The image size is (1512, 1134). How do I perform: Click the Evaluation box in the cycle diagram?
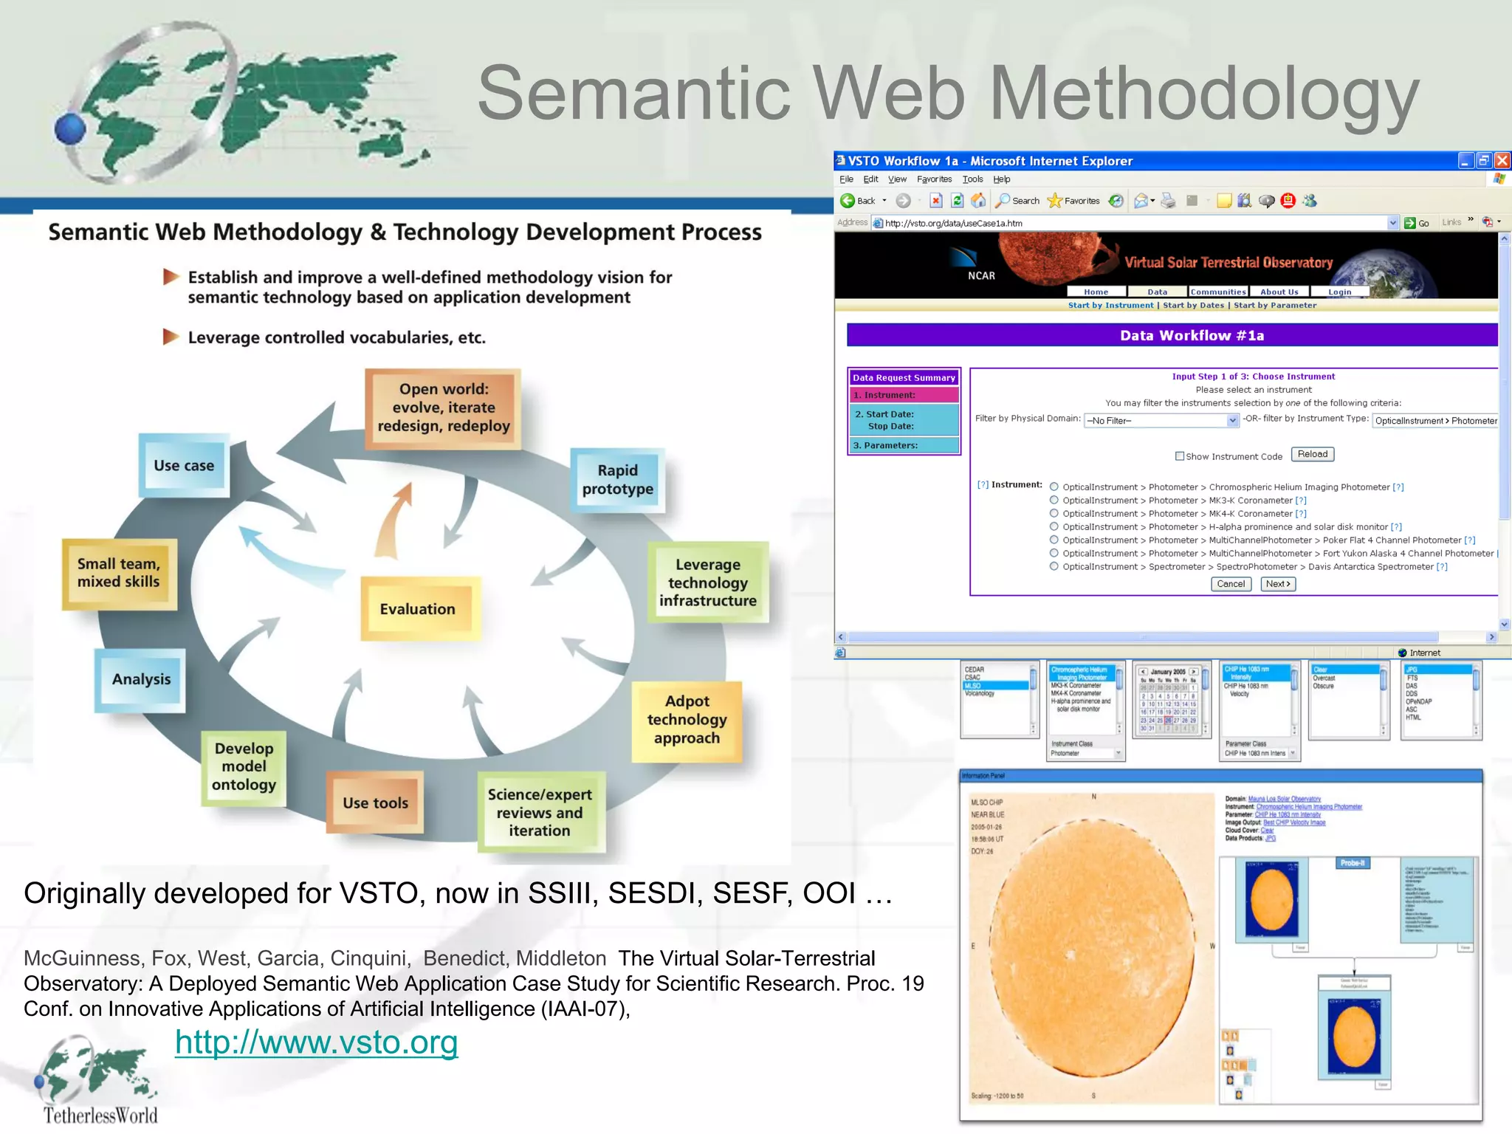418,609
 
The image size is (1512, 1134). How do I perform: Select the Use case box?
184,466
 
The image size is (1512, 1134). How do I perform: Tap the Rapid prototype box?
618,480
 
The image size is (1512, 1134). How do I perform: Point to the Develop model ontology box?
244,767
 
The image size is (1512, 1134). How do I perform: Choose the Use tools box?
375,803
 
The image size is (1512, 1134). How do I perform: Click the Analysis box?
141,679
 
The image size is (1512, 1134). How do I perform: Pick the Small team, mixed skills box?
119,573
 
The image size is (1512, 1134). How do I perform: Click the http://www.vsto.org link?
316,1042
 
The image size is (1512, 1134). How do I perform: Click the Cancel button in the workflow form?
1231,584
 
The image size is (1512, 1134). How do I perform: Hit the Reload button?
1312,454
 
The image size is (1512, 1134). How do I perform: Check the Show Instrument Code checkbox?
1180,456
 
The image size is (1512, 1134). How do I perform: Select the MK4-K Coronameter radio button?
1054,514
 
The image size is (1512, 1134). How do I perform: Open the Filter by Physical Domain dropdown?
1232,420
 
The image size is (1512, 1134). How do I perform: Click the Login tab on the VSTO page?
1339,292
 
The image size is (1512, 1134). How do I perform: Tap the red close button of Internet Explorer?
1502,160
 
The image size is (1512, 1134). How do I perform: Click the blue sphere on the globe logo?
70,128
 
